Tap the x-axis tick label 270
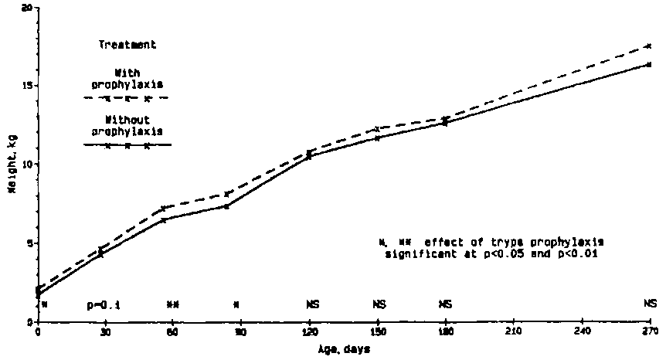point(649,332)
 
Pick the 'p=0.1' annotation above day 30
point(104,304)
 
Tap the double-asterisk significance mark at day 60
point(172,304)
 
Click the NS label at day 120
point(308,304)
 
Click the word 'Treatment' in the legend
point(127,45)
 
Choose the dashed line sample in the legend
point(127,99)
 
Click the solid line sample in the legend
point(127,145)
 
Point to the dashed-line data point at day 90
point(240,193)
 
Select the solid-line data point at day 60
point(164,220)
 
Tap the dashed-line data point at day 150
point(377,128)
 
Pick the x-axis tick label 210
point(513,332)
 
